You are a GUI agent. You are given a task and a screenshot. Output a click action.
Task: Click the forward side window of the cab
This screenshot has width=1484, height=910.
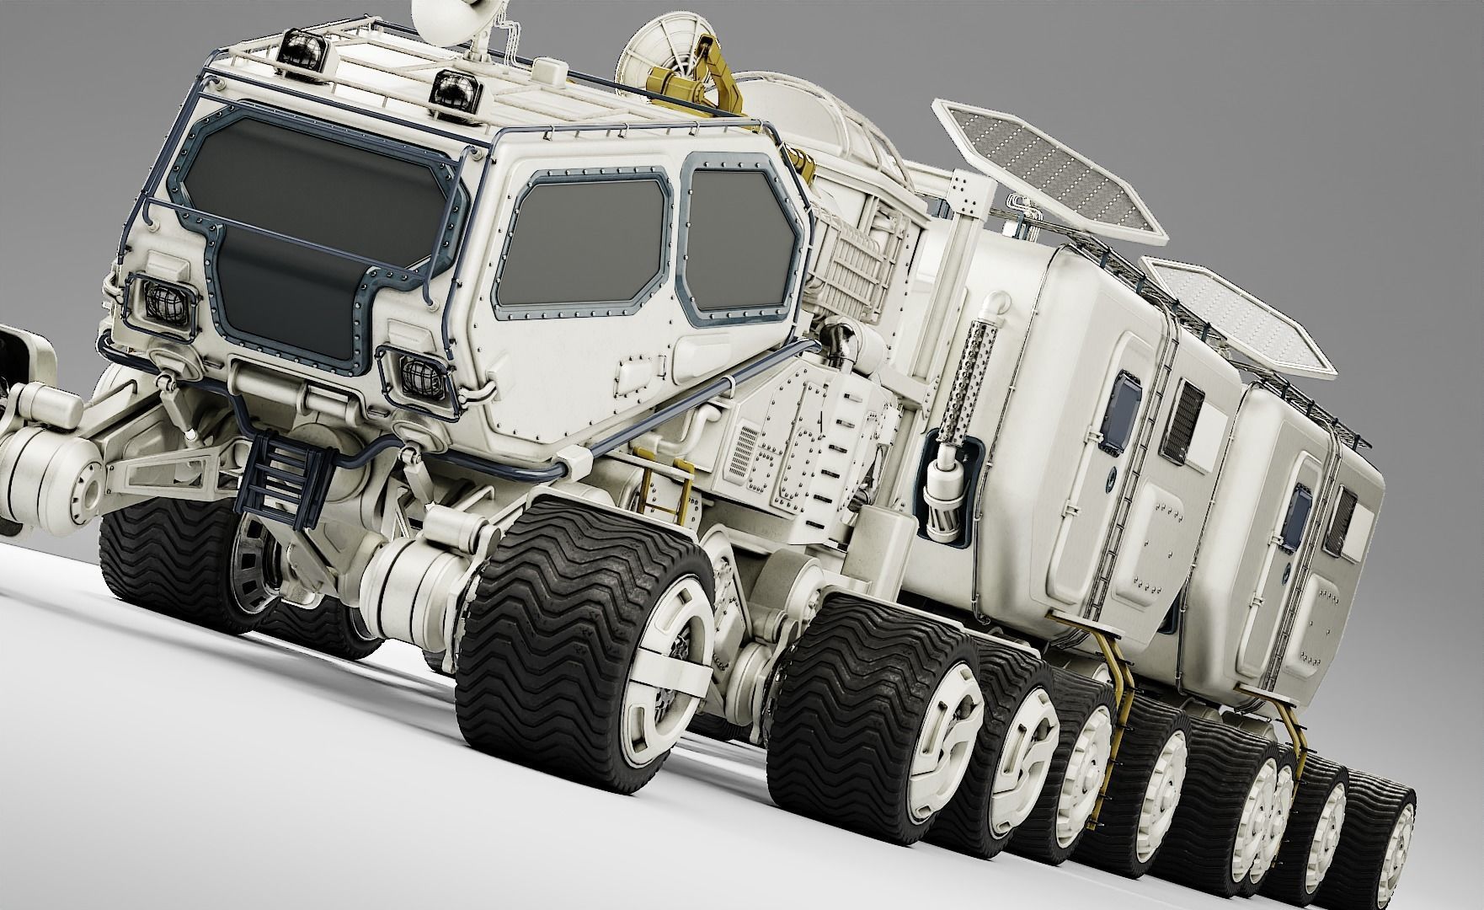[x=581, y=244]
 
